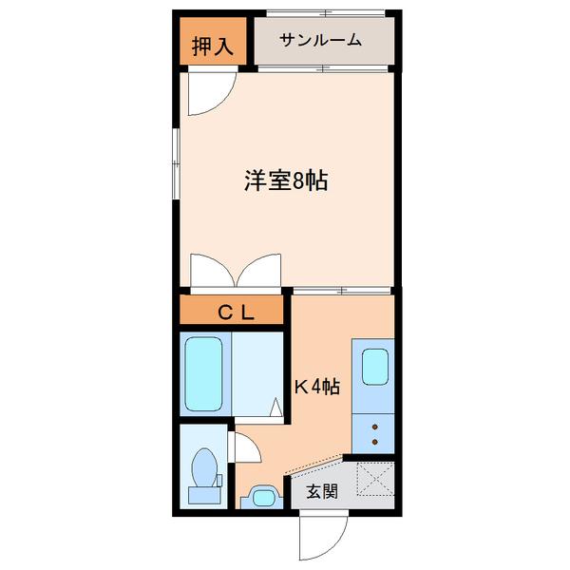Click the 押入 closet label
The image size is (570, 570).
[212, 46]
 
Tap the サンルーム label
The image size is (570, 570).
[321, 40]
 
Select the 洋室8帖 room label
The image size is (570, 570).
[286, 181]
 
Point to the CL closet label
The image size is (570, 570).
[232, 311]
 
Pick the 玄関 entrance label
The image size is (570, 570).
[322, 491]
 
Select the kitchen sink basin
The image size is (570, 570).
[375, 366]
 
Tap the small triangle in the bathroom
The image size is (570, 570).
[275, 409]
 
